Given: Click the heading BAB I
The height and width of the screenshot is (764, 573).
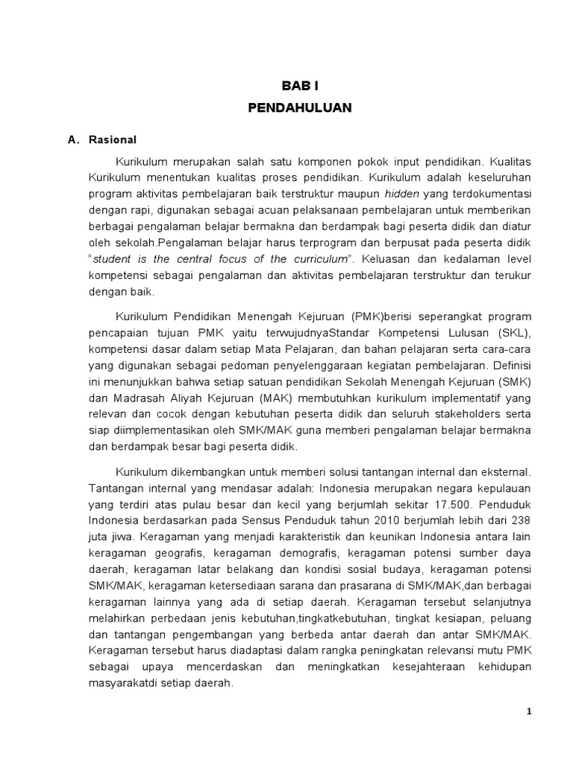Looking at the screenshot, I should [299, 86].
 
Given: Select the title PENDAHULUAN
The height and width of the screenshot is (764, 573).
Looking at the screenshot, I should [299, 107].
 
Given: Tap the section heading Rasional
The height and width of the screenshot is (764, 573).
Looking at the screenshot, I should [112, 140].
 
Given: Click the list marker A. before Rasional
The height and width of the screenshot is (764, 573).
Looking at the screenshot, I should [73, 140].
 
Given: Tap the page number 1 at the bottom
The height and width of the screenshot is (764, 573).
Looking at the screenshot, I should [529, 711].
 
